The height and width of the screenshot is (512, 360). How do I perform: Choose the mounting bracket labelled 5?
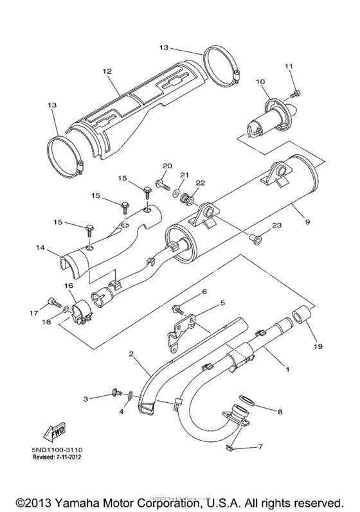pyautogui.click(x=180, y=327)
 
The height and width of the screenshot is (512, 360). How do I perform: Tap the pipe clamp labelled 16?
pyautogui.click(x=81, y=310)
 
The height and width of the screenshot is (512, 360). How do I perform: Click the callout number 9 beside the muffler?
pyautogui.click(x=308, y=222)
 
